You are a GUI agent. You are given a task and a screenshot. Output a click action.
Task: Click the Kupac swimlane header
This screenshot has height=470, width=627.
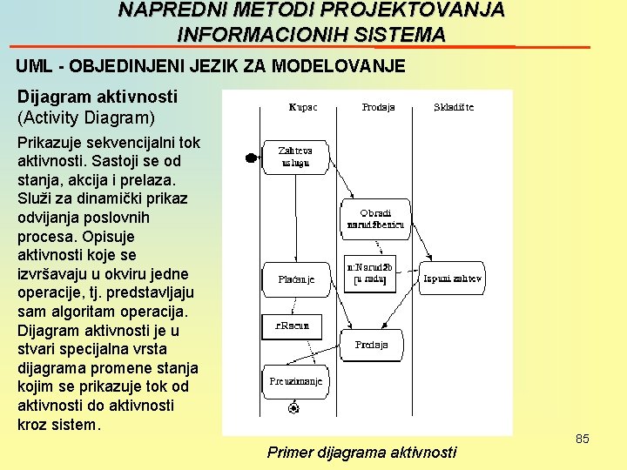(302, 108)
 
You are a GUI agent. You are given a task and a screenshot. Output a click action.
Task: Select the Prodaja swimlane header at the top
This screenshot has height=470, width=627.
(378, 108)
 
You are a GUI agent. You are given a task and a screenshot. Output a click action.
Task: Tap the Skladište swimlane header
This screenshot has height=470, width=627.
(454, 108)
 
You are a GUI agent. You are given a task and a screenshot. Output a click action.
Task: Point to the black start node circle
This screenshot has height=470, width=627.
(251, 158)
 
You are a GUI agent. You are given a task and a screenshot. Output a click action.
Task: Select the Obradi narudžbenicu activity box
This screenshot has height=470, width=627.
(375, 218)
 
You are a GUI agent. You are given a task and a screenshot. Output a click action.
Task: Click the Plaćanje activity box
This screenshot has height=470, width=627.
(296, 279)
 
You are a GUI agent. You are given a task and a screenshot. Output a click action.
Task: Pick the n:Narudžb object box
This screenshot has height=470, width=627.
(370, 273)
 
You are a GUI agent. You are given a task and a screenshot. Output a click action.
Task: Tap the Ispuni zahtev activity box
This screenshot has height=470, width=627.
(452, 279)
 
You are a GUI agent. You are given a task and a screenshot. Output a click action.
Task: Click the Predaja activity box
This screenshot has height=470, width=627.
(372, 346)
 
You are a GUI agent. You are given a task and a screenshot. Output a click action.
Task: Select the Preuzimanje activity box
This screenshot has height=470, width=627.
(295, 381)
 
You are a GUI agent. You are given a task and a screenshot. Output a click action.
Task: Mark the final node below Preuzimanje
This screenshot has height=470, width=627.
(294, 407)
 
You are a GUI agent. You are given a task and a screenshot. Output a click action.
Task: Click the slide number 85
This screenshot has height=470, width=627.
(583, 439)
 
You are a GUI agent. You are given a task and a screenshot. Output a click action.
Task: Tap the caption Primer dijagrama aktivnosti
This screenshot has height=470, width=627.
(361, 452)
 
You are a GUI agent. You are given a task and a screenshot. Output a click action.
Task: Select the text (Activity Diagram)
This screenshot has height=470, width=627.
(86, 117)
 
